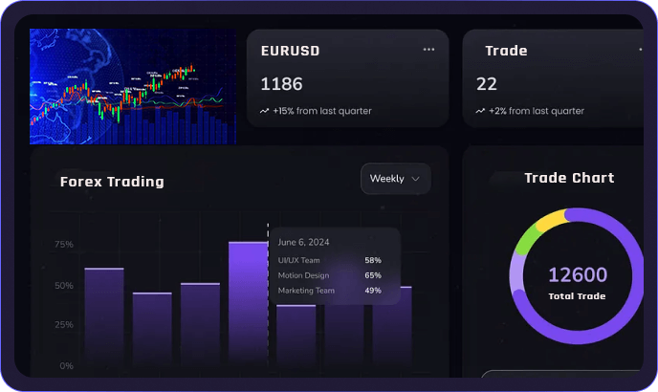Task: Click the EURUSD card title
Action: (x=292, y=51)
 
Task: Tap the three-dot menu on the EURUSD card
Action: (x=428, y=50)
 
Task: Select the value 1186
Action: (x=281, y=84)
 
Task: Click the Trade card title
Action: (x=506, y=51)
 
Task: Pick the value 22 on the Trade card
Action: (x=487, y=84)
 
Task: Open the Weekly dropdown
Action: (x=395, y=179)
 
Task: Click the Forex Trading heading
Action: (x=112, y=182)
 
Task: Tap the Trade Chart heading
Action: (x=569, y=178)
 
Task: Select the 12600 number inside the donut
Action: (x=577, y=275)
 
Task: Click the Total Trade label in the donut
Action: (x=577, y=296)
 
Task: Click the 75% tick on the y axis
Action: (x=64, y=244)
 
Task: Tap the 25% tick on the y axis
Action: (x=64, y=325)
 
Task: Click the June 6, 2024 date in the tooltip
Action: (x=303, y=242)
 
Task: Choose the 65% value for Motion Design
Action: (x=373, y=275)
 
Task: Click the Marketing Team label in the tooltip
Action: (x=306, y=291)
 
